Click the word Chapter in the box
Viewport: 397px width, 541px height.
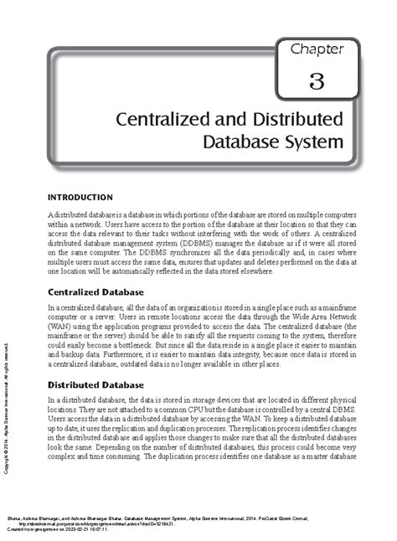[x=317, y=49]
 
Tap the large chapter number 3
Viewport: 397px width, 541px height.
[x=316, y=81]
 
